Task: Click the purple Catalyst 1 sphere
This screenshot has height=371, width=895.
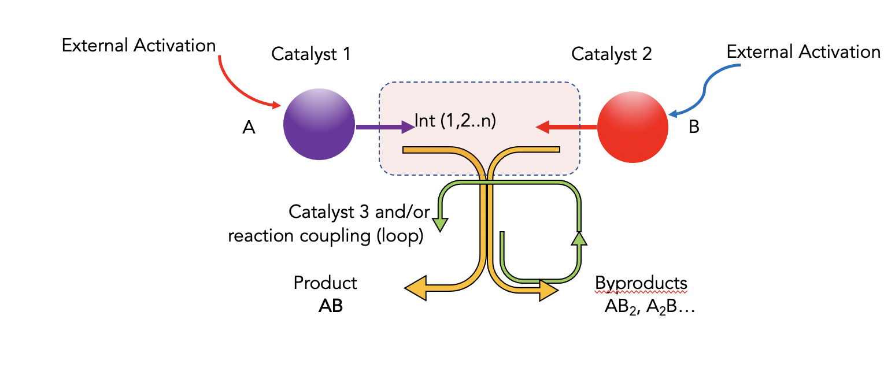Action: pyautogui.click(x=319, y=124)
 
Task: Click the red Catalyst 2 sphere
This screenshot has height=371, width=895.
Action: pyautogui.click(x=632, y=125)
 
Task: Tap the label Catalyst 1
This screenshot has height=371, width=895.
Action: pyautogui.click(x=311, y=54)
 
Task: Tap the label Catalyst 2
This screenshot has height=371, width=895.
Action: pyautogui.click(x=612, y=54)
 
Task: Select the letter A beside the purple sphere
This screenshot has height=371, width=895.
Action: pyautogui.click(x=249, y=128)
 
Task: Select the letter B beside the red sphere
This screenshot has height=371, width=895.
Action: pyautogui.click(x=694, y=127)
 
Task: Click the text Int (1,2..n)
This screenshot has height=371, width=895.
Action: pyautogui.click(x=455, y=122)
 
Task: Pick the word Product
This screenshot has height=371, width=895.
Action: pyautogui.click(x=326, y=283)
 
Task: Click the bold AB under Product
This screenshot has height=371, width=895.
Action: pyautogui.click(x=330, y=306)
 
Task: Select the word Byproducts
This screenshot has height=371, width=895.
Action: pyautogui.click(x=641, y=283)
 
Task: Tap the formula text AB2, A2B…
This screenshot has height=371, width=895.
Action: pyautogui.click(x=649, y=307)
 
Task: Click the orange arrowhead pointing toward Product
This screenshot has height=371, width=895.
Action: pyautogui.click(x=417, y=288)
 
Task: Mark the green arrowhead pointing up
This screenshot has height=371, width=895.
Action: pyautogui.click(x=579, y=238)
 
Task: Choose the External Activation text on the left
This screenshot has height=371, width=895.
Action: pyautogui.click(x=139, y=46)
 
